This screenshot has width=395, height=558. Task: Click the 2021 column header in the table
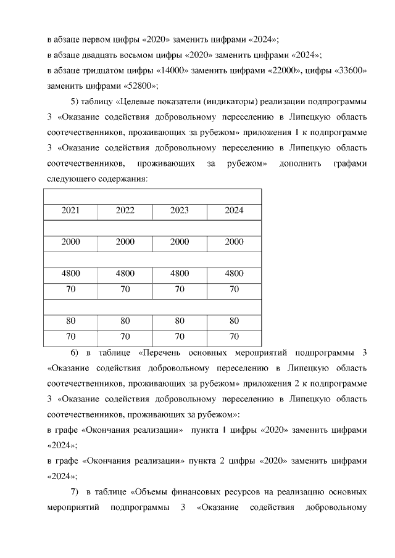pyautogui.click(x=71, y=210)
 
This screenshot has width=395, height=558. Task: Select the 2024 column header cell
pyautogui.click(x=234, y=210)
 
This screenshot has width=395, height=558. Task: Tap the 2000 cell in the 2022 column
pyautogui.click(x=125, y=242)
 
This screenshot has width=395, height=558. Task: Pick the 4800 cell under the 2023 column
pyautogui.click(x=180, y=274)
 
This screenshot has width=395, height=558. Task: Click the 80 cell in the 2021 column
pyautogui.click(x=71, y=321)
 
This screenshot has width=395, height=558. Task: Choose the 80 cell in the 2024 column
pyautogui.click(x=234, y=321)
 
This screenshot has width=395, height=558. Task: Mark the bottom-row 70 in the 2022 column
pyautogui.click(x=125, y=337)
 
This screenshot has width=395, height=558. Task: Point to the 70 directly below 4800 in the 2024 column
pyautogui.click(x=234, y=289)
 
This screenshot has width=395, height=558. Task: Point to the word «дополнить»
pyautogui.click(x=298, y=164)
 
